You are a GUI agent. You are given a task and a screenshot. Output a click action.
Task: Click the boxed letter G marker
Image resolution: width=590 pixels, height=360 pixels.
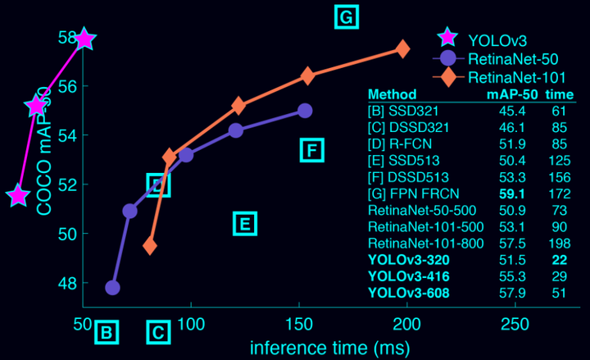pyautogui.click(x=347, y=16)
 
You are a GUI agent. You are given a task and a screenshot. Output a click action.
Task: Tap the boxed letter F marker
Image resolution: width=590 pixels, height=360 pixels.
pyautogui.click(x=312, y=150)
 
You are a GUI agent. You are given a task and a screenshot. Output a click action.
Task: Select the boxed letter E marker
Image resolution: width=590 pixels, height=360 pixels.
pyautogui.click(x=245, y=222)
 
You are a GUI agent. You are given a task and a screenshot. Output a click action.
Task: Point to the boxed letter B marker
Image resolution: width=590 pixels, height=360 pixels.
pyautogui.click(x=107, y=333)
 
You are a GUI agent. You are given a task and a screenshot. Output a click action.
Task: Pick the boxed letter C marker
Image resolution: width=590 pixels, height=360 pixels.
pyautogui.click(x=159, y=333)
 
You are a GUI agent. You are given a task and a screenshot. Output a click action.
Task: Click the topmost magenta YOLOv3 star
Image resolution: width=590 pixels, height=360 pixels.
pyautogui.click(x=84, y=39)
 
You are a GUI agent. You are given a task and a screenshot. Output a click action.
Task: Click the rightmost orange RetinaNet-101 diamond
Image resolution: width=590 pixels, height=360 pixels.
pyautogui.click(x=402, y=49)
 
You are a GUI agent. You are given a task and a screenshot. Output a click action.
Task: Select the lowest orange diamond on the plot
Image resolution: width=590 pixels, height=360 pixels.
pyautogui.click(x=150, y=245)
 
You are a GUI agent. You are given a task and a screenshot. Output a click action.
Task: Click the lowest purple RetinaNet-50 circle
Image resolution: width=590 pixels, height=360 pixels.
pyautogui.click(x=113, y=288)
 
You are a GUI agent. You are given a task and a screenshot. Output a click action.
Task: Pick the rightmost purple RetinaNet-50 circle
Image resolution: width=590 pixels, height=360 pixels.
pyautogui.click(x=305, y=111)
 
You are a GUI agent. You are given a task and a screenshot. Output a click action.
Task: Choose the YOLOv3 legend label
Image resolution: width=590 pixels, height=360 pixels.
pyautogui.click(x=497, y=39)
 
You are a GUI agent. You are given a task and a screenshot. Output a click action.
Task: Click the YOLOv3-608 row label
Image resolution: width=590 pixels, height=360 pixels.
pyautogui.click(x=410, y=293)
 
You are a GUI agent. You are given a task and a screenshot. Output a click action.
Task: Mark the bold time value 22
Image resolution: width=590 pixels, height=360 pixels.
pyautogui.click(x=559, y=259)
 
